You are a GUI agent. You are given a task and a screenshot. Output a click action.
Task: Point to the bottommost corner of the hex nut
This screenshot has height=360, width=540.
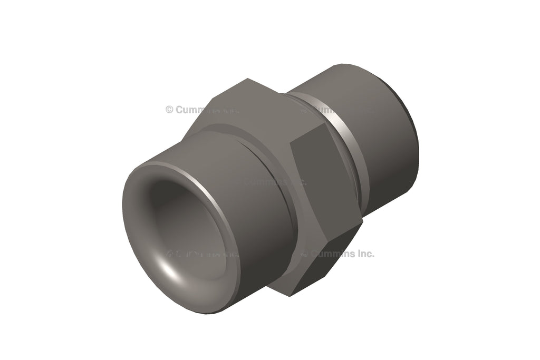point(291,296)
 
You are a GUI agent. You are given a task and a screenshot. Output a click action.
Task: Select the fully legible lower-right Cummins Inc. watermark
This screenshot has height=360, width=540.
point(337,254)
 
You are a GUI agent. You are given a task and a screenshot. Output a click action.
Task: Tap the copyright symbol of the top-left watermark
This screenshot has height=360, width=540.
point(169,110)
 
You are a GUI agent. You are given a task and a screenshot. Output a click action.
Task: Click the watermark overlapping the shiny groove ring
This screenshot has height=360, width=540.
point(337,110)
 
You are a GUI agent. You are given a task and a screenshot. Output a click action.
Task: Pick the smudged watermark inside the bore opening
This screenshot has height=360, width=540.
point(203,254)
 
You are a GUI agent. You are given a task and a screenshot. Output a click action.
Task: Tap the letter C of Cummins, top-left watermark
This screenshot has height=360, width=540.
point(179,110)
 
